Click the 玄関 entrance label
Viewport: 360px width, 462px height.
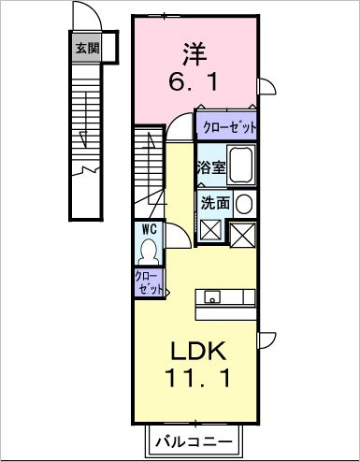(87, 48)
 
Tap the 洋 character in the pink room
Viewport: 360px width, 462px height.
(194, 54)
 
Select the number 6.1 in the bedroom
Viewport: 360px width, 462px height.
(193, 82)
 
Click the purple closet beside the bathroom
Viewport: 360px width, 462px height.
(226, 126)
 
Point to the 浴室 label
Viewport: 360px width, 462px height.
(211, 168)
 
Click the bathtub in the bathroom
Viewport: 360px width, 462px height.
(241, 165)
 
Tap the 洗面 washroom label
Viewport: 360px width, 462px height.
(215, 203)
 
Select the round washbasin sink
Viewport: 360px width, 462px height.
(244, 204)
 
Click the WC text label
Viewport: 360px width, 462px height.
(149, 229)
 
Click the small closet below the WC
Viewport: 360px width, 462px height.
(149, 282)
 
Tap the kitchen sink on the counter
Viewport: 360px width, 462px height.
(212, 296)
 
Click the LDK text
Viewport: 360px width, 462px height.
(197, 352)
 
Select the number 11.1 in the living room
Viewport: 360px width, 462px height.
(198, 378)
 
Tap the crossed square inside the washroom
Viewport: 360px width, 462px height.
(210, 230)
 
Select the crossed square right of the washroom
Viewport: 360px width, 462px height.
(242, 235)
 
